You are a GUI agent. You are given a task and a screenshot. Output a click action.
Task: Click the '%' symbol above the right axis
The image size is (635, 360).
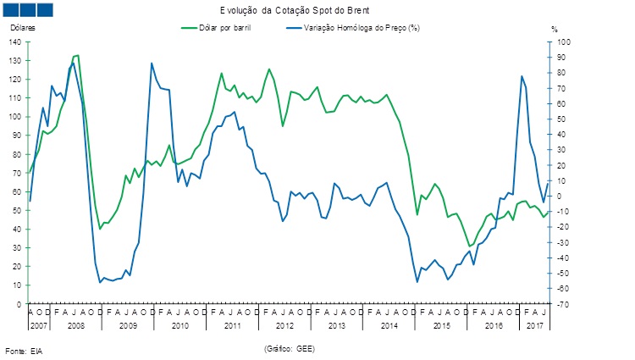coord(555,30)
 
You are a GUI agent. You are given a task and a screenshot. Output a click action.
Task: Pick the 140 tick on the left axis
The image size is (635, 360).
coord(17,42)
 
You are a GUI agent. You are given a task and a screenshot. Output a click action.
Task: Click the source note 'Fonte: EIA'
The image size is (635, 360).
coord(23,350)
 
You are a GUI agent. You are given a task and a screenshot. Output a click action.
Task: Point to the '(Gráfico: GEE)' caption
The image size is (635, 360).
coord(289,347)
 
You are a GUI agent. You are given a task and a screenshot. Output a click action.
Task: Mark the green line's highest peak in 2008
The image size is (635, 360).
coord(77,55)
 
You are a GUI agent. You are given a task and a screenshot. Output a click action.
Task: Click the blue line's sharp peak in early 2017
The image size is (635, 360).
coord(521,76)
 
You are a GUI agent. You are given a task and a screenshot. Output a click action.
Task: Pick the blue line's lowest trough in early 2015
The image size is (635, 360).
coord(417,282)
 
